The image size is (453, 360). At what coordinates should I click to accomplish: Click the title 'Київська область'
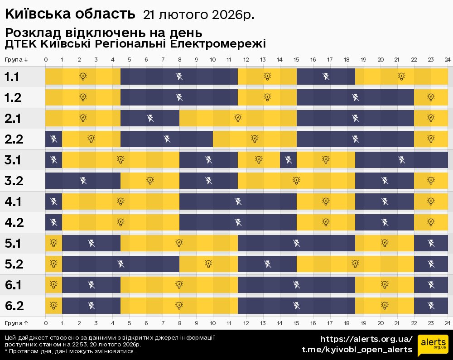[x=70, y=14]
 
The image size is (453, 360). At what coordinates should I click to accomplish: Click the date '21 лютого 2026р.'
[x=198, y=15]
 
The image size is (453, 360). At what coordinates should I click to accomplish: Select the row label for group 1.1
[x=12, y=77]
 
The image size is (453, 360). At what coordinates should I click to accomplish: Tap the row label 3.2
[x=14, y=181]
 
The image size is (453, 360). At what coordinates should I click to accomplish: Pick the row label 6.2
[x=14, y=306]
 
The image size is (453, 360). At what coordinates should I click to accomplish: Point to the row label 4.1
[x=13, y=202]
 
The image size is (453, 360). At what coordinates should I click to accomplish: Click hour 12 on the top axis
[x=246, y=60]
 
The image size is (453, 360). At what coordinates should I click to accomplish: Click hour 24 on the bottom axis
[x=447, y=323]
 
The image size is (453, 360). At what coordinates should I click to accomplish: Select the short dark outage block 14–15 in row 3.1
[x=288, y=160]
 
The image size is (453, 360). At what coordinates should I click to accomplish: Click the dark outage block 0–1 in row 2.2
[x=53, y=139]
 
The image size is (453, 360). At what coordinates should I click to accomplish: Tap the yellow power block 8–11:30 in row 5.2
[x=208, y=264]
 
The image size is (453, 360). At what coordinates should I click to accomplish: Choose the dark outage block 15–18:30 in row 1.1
[x=326, y=77]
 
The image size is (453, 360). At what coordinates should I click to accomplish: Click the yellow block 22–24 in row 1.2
[x=431, y=97]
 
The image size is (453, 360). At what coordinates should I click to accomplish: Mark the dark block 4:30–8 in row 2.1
[x=150, y=118]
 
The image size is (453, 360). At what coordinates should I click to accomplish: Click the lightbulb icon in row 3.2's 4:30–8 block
[x=150, y=181]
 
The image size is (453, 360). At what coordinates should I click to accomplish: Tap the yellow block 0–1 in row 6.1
[x=53, y=285]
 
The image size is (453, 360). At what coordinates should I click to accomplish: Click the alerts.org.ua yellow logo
[x=432, y=346]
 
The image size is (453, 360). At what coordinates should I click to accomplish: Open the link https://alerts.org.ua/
[x=366, y=339]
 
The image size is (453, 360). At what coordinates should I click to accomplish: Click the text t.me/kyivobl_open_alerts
[x=357, y=350]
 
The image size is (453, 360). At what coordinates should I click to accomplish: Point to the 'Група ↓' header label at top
[x=17, y=60]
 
